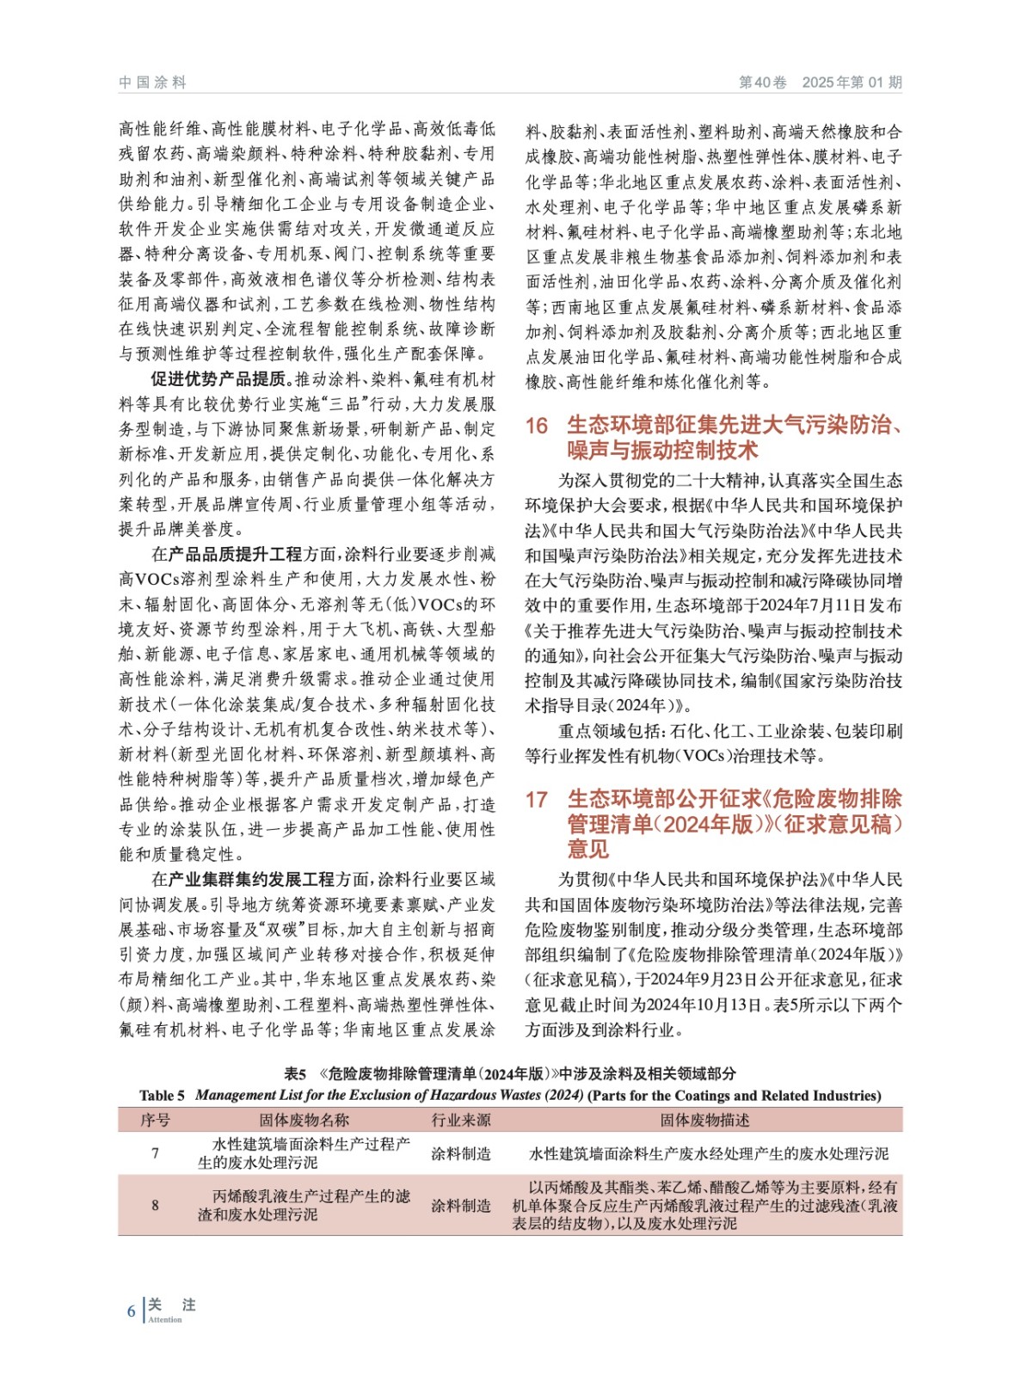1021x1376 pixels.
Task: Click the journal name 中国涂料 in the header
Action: tap(152, 83)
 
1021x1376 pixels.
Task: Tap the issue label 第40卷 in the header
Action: tap(762, 83)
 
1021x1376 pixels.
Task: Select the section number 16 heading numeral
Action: tap(537, 426)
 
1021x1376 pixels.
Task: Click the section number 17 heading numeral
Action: tap(537, 800)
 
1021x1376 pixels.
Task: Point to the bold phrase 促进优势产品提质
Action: tap(218, 379)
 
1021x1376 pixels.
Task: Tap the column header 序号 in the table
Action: tap(155, 1120)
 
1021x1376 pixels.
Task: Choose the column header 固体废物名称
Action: tap(304, 1120)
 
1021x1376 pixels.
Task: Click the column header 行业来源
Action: tap(461, 1120)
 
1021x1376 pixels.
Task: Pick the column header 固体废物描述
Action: tap(704, 1120)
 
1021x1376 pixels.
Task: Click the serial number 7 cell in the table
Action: tap(155, 1153)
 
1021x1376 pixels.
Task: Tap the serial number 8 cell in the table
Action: tap(155, 1206)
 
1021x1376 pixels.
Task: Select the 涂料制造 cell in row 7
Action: tap(461, 1153)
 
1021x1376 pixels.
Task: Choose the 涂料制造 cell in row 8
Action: tap(461, 1206)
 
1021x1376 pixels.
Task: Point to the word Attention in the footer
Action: tap(165, 1320)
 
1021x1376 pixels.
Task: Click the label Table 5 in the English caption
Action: tap(162, 1096)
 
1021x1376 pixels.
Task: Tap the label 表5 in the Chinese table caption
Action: tap(295, 1074)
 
